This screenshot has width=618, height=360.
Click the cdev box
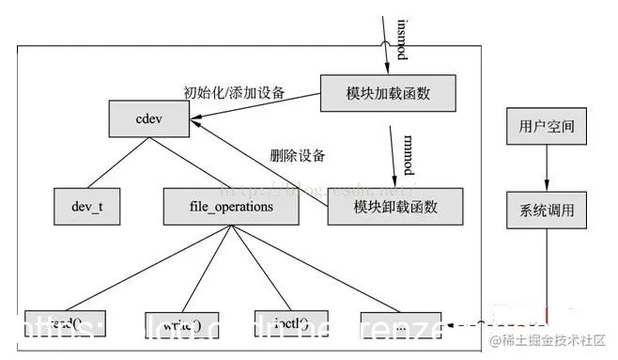(149, 121)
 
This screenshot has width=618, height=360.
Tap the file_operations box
(219, 205)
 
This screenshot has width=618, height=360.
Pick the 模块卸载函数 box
(395, 206)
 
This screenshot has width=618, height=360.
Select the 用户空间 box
(546, 125)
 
